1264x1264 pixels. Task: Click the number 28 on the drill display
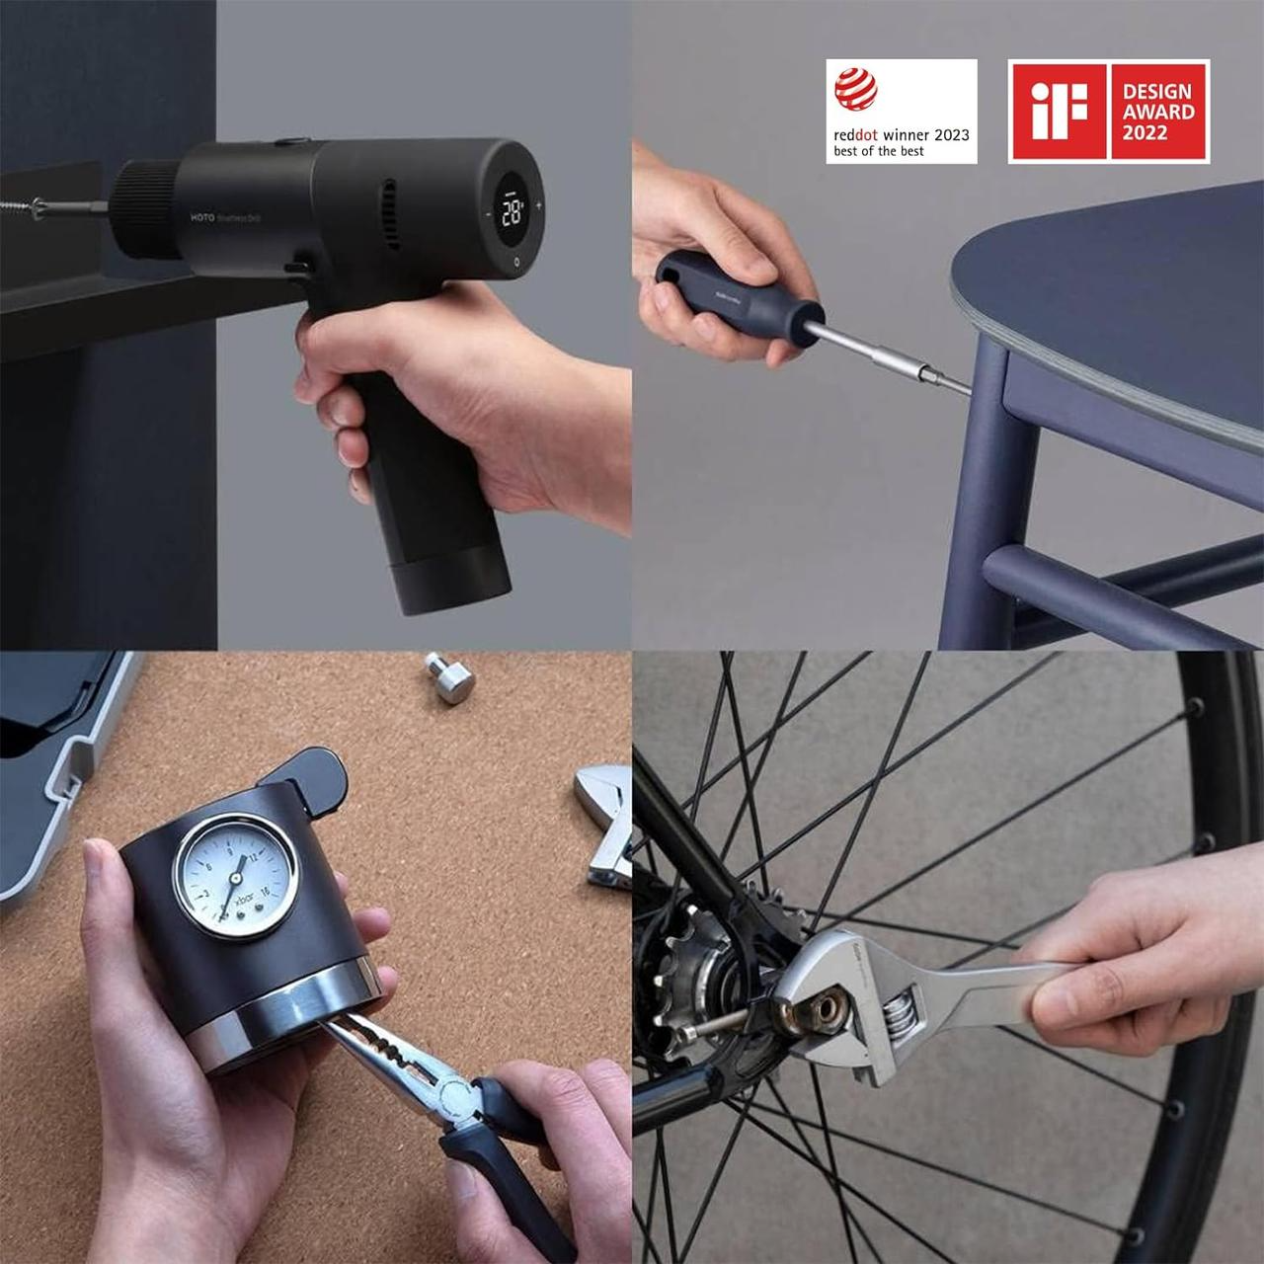512,211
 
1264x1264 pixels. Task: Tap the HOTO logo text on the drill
202,217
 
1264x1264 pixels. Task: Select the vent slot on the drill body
389,213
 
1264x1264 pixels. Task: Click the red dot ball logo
855,89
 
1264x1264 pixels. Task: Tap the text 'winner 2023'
925,134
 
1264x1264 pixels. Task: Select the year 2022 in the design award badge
1145,133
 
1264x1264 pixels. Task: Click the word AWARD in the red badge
1158,112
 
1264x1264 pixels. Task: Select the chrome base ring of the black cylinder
286,1027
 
